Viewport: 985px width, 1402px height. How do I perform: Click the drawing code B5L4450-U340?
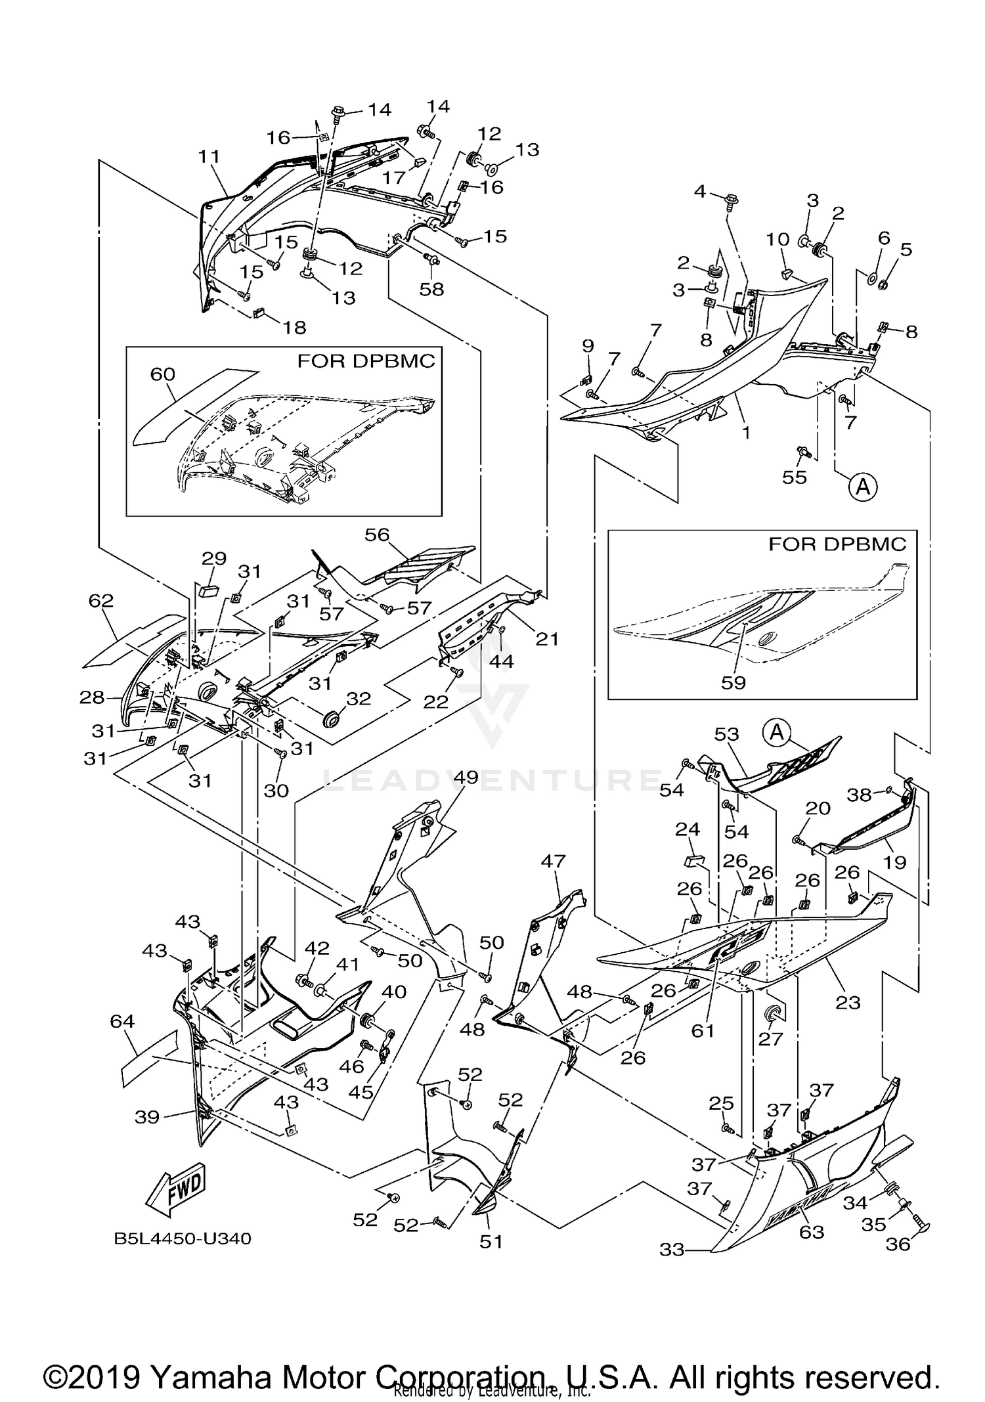pyautogui.click(x=183, y=1238)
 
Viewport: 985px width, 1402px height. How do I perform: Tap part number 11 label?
pyautogui.click(x=209, y=156)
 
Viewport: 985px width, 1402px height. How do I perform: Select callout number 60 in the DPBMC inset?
pyautogui.click(x=163, y=374)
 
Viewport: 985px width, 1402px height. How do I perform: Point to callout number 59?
pyautogui.click(x=733, y=682)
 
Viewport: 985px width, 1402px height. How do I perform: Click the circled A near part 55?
pyautogui.click(x=863, y=487)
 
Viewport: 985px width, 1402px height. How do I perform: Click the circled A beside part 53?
pyautogui.click(x=777, y=732)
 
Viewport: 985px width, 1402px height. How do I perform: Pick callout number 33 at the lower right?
pyautogui.click(x=672, y=1250)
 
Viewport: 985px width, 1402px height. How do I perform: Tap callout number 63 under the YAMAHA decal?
pyautogui.click(x=811, y=1232)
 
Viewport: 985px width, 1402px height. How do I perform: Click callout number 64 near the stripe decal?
pyautogui.click(x=123, y=1020)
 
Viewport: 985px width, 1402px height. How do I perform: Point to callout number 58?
pyautogui.click(x=431, y=289)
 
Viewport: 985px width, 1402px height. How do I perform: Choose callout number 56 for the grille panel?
pyautogui.click(x=377, y=535)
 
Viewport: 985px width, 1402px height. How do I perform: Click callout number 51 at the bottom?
pyautogui.click(x=491, y=1241)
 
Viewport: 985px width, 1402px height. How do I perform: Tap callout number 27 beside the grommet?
pyautogui.click(x=771, y=1038)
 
